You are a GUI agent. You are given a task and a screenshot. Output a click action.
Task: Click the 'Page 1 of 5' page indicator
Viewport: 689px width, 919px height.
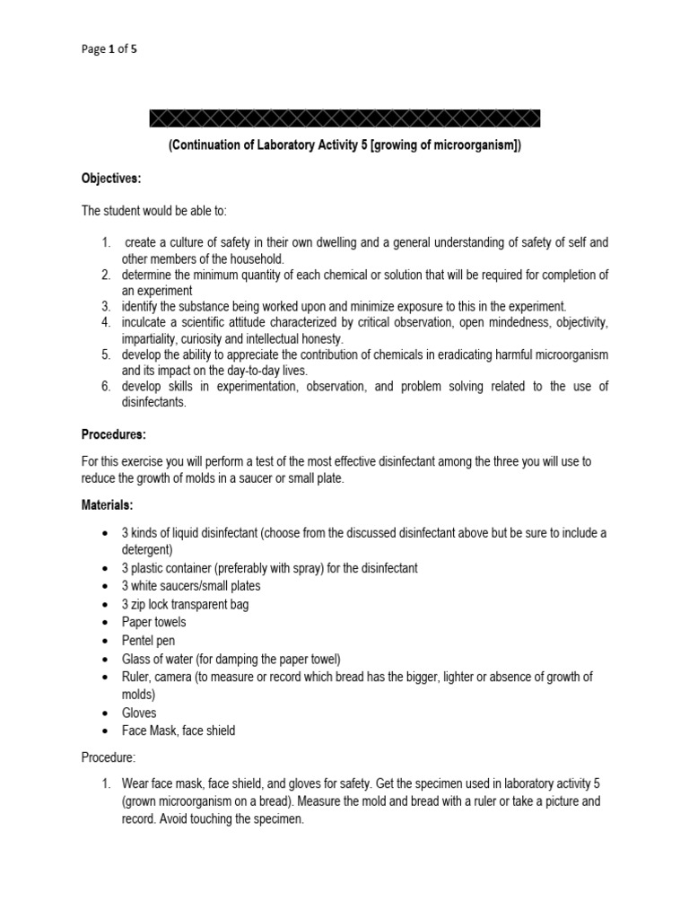coord(109,50)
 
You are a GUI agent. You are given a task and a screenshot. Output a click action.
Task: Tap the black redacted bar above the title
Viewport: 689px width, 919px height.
coord(344,118)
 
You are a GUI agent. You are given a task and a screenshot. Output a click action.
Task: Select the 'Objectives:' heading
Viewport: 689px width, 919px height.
coord(111,179)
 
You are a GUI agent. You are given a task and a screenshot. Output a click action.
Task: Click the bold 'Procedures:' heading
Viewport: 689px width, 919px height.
coord(113,434)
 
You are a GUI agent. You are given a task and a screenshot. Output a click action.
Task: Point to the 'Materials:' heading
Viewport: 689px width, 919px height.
coord(108,506)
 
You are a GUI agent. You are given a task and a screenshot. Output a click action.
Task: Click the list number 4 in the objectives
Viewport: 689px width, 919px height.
coord(105,321)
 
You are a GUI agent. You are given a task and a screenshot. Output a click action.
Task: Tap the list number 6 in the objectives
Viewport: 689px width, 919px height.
coord(105,386)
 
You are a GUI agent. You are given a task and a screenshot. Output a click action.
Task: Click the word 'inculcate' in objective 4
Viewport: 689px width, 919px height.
coord(148,321)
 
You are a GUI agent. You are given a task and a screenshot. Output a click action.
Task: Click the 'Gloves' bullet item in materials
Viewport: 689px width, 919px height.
coord(139,713)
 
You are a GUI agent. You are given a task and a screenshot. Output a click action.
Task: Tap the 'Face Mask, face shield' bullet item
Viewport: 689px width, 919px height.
coord(179,731)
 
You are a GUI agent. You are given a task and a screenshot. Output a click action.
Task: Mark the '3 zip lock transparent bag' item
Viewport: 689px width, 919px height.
coord(186,604)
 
